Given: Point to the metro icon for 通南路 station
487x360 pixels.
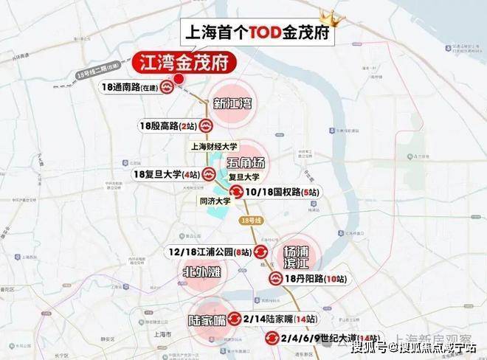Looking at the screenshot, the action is [169, 86].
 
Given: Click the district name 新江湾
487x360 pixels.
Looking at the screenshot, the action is [231, 103].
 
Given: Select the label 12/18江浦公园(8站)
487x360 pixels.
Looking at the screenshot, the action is [209, 253].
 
